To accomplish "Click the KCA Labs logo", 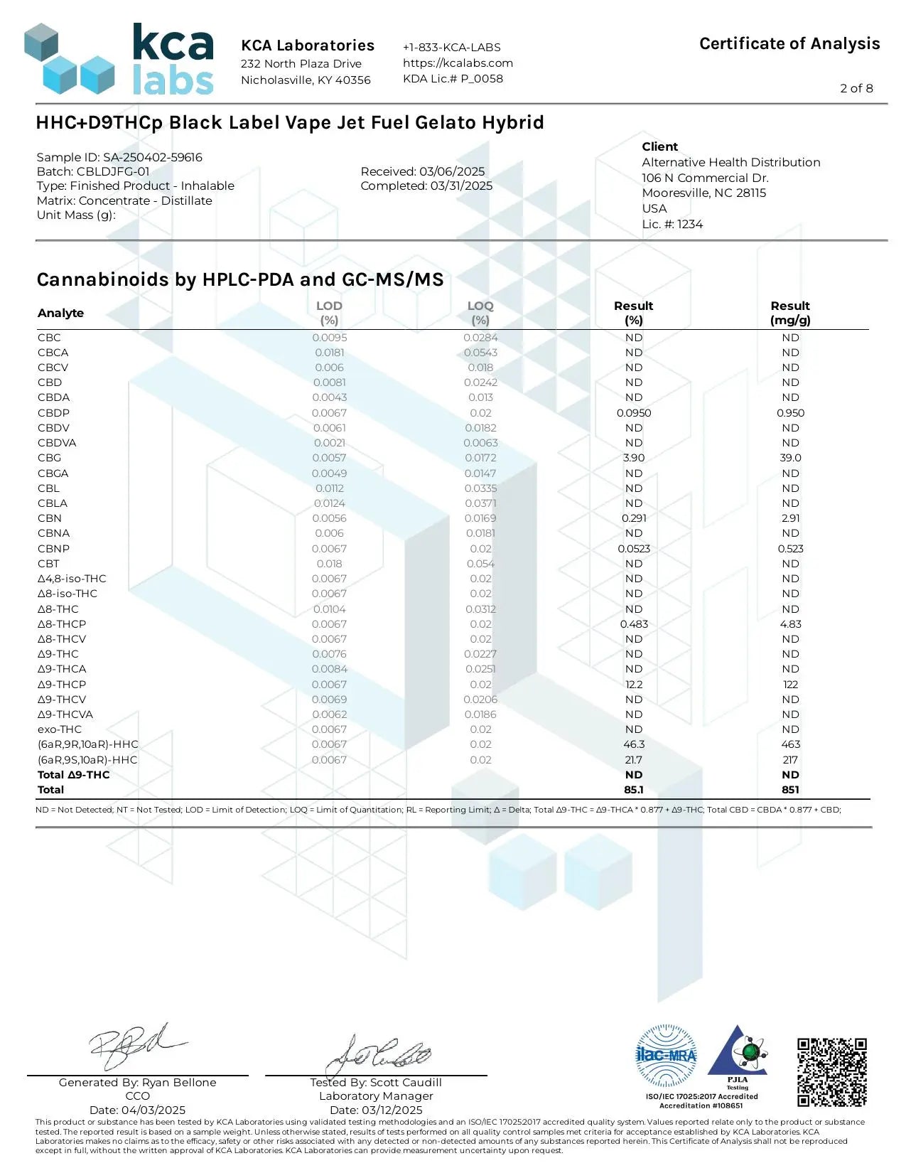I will click(119, 60).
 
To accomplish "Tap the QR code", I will click(831, 1072).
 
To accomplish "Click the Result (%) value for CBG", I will click(634, 458).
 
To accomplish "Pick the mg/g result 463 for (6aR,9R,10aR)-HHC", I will click(790, 744).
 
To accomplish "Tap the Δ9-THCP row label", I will click(62, 684).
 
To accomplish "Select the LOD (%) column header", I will click(329, 313).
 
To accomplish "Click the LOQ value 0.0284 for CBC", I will click(480, 338).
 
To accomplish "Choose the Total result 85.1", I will click(634, 789).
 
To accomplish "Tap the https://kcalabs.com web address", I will click(458, 63).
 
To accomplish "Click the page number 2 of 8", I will click(856, 88).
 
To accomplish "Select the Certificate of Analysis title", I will click(789, 44).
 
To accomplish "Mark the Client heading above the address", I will click(660, 146).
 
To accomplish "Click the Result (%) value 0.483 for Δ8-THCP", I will click(634, 624).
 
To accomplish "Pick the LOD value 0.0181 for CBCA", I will click(329, 353).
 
